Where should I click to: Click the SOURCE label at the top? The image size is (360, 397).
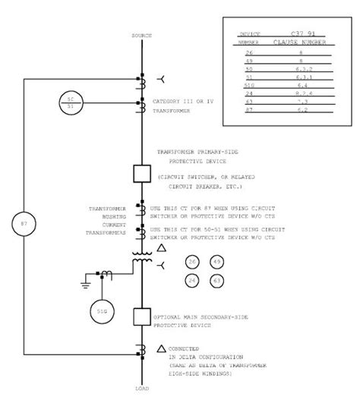pos(142,35)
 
